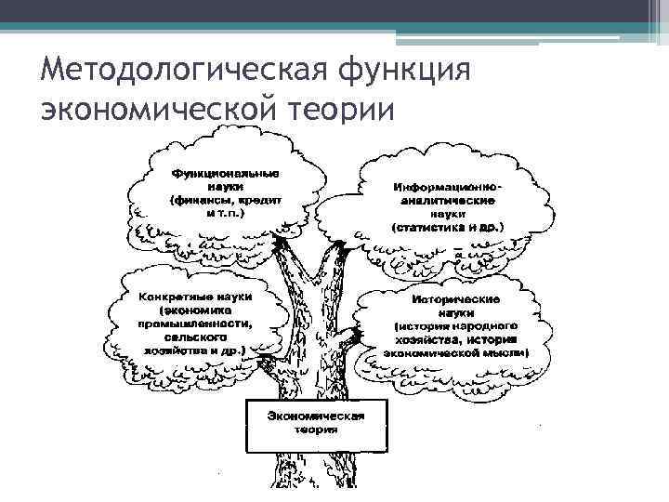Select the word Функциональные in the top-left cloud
click(x=227, y=173)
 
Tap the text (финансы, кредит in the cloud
click(x=227, y=200)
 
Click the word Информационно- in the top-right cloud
click(x=448, y=187)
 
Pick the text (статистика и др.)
click(x=448, y=226)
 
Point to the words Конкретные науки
click(x=201, y=296)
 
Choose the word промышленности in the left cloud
click(x=201, y=323)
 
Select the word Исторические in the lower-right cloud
click(x=457, y=300)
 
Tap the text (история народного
click(x=457, y=326)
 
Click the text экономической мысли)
click(x=457, y=353)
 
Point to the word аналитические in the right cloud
click(x=448, y=200)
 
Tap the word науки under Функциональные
click(x=227, y=186)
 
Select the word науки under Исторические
click(x=457, y=313)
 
